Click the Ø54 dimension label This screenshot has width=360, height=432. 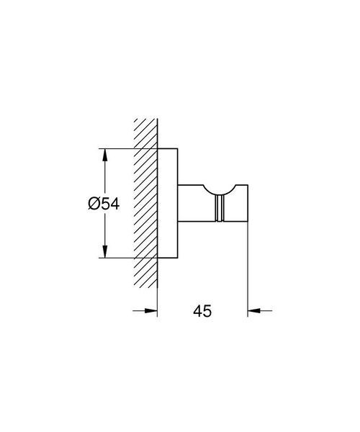click(104, 204)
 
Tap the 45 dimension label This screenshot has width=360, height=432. click(202, 311)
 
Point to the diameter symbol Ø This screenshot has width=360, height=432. click(94, 204)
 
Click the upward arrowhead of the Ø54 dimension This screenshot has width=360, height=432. click(104, 155)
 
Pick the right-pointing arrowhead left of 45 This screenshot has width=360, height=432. click(151, 311)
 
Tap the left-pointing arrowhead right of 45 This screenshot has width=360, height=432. click(254, 311)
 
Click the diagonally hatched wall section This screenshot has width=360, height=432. click(145, 204)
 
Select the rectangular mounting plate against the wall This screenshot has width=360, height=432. click(168, 203)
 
